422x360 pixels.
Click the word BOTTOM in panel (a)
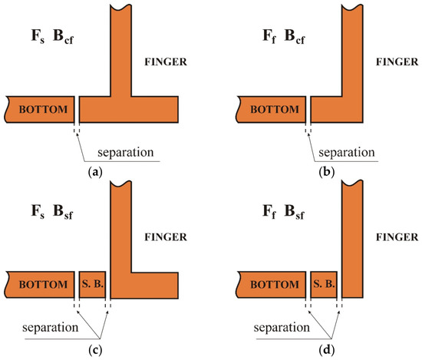click(43, 109)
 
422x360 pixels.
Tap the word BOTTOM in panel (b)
click(275, 109)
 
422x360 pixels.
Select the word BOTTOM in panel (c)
click(43, 284)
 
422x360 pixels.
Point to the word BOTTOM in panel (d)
click(275, 284)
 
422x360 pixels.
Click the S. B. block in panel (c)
click(92, 284)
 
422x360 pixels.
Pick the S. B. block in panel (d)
click(324, 284)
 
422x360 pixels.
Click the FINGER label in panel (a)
click(166, 62)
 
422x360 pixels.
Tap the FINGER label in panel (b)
click(397, 62)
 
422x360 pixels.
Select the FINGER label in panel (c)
click(166, 237)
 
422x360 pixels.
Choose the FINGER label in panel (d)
click(397, 237)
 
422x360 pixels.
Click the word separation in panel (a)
click(126, 153)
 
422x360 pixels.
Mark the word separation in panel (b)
click(347, 153)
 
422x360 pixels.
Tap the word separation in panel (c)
click(51, 328)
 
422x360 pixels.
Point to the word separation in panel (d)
click(282, 328)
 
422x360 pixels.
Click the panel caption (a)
click(95, 172)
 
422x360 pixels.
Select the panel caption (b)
click(326, 172)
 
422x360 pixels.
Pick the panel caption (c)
click(95, 350)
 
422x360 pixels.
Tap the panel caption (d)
click(326, 350)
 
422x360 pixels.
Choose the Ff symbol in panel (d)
click(269, 212)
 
